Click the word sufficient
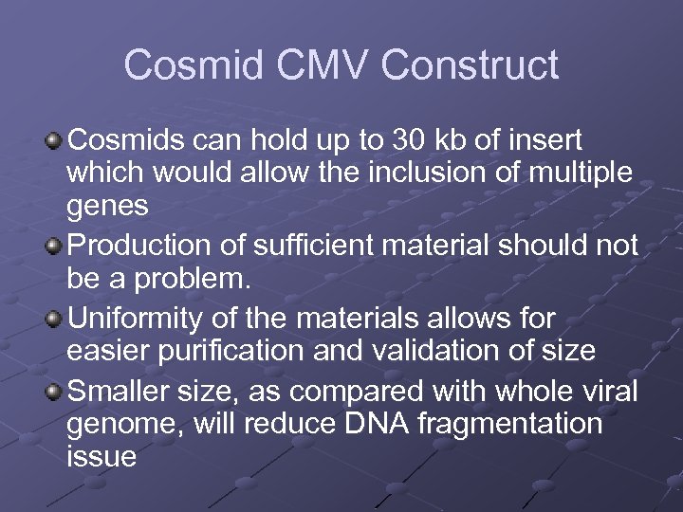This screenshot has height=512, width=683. click(x=311, y=246)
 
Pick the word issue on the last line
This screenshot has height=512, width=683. click(x=102, y=457)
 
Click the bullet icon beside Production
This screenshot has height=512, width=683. click(x=54, y=247)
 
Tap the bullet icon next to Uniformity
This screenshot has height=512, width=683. click(x=54, y=317)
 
